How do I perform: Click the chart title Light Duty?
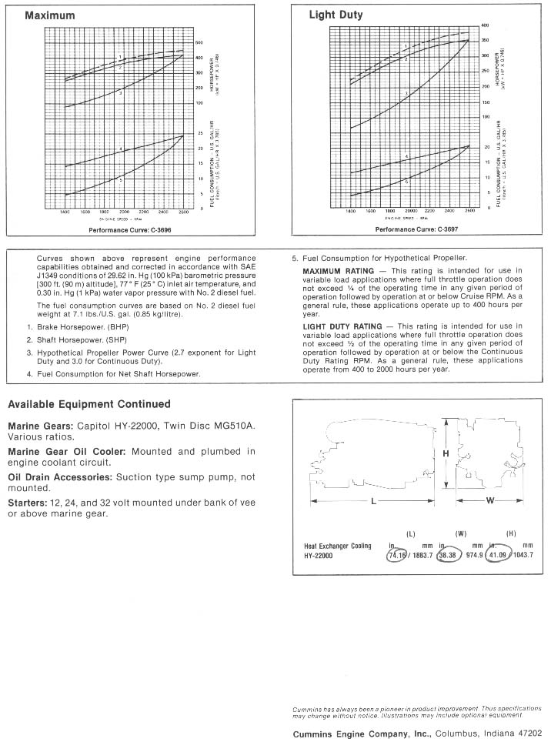tap(336, 15)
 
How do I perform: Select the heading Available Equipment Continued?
tap(88, 404)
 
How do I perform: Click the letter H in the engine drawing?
tap(446, 454)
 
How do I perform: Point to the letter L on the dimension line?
tap(372, 502)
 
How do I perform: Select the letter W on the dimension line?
tap(489, 502)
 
